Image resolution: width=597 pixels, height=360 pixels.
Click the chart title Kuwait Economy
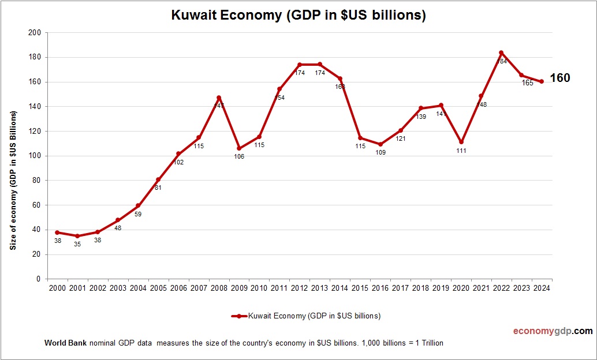pyautogui.click(x=298, y=15)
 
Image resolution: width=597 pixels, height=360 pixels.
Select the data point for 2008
pyautogui.click(x=219, y=97)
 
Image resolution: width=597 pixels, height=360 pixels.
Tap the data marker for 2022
pyautogui.click(x=501, y=52)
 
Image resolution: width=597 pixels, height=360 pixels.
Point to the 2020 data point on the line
pyautogui.click(x=461, y=142)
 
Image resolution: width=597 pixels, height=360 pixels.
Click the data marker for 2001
pyautogui.click(x=77, y=236)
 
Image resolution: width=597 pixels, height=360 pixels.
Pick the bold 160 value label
pyautogui.click(x=559, y=78)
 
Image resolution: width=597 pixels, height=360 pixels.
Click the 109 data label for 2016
pyautogui.click(x=380, y=153)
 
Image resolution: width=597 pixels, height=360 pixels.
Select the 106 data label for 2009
pyautogui.click(x=239, y=156)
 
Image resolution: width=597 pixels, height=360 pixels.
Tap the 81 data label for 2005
pyautogui.click(x=158, y=187)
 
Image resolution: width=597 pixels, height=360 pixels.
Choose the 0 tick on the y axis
pyautogui.click(x=38, y=279)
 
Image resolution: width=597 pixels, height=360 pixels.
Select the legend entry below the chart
pyautogui.click(x=305, y=316)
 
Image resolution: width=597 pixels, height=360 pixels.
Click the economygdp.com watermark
pyautogui.click(x=553, y=331)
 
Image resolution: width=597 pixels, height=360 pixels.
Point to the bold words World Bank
pyautogui.click(x=65, y=343)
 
